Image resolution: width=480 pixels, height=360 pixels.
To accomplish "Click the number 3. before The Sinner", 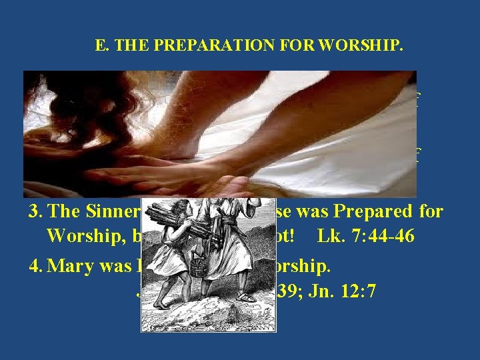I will click(x=35, y=212).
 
